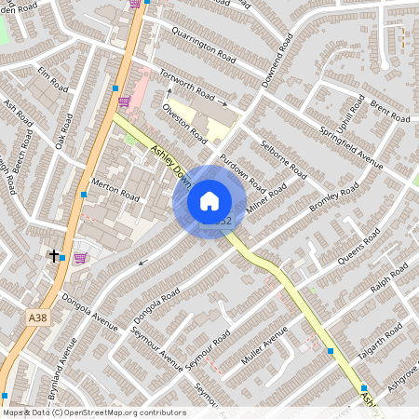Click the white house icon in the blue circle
[209, 201]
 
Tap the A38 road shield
[36, 318]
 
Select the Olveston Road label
[184, 122]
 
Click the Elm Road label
[54, 78]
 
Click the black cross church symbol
[54, 254]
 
